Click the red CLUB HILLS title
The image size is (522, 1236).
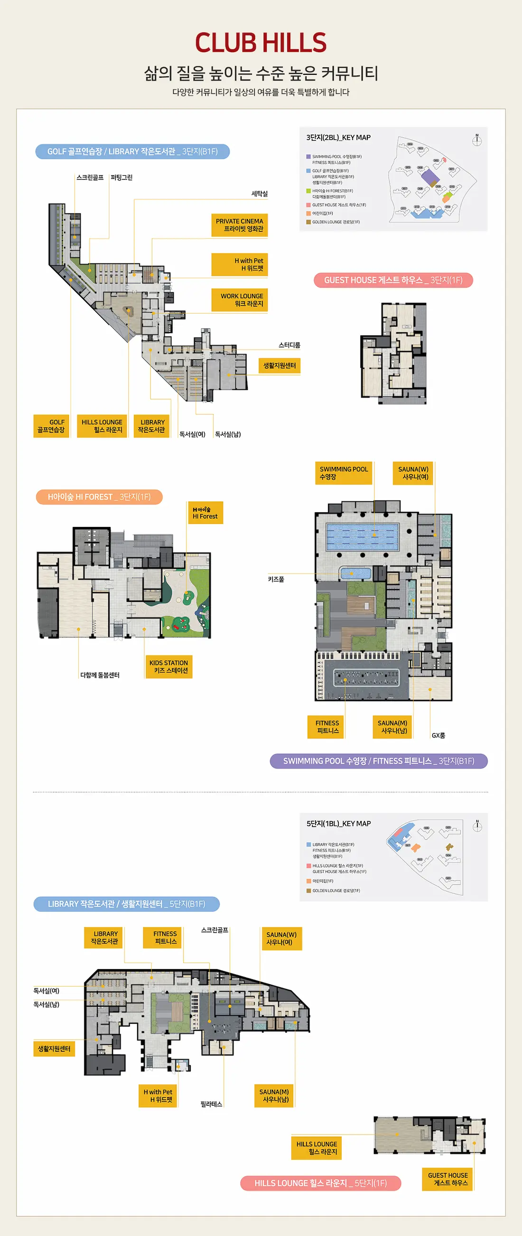point(261,43)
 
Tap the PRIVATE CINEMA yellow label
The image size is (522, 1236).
point(239,225)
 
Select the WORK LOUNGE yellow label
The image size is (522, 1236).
point(239,300)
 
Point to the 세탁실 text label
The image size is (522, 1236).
point(259,194)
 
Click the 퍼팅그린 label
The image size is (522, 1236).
point(121,178)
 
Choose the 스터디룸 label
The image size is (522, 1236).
point(289,345)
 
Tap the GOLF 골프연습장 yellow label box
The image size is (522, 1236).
point(51,426)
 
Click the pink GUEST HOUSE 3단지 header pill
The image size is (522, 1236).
point(393,280)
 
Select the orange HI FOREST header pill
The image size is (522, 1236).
point(99,497)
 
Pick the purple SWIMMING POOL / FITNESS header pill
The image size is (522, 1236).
point(378,761)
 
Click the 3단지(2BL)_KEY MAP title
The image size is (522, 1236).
point(338,138)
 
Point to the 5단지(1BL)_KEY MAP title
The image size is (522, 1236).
point(338,824)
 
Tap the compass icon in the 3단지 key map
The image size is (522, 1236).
point(477,140)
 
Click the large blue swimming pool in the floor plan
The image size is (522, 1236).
point(362,536)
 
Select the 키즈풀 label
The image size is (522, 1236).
point(276,579)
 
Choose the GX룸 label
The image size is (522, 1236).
point(438,735)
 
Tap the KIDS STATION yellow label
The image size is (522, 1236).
point(168,666)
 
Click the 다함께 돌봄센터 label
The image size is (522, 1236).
point(100,675)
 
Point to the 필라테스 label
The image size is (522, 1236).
point(211,1104)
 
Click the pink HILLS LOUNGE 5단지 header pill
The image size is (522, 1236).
point(320,1183)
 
